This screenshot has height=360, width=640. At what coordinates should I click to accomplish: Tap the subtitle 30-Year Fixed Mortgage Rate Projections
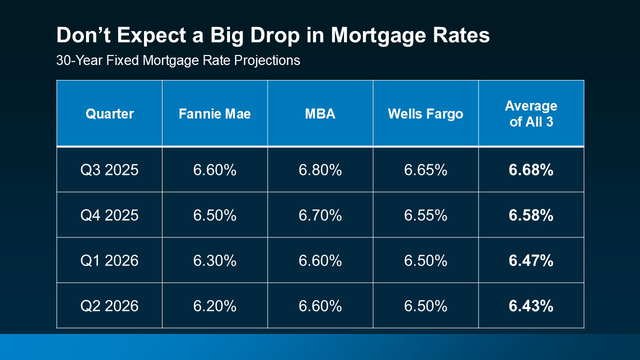178,60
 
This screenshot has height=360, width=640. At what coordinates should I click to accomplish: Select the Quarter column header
109,114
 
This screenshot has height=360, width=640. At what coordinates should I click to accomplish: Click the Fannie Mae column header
214,114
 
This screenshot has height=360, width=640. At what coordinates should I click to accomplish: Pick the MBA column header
320,114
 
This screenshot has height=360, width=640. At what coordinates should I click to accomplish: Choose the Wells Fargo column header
425,114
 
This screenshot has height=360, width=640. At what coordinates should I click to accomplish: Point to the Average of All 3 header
531,113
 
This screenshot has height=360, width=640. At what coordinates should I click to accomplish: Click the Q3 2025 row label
109,170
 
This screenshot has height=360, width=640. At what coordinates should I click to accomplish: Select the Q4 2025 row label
109,215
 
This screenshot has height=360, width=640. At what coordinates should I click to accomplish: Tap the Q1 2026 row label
109,260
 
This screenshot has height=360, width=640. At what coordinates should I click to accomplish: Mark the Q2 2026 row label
109,306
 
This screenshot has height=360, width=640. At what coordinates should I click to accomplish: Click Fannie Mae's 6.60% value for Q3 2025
214,170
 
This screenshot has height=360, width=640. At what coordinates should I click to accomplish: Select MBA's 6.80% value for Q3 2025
320,170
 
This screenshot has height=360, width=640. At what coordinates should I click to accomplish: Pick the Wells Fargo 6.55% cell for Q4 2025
425,215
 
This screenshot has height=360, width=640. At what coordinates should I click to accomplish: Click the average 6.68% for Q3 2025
531,170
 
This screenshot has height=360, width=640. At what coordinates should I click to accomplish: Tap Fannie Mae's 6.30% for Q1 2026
214,260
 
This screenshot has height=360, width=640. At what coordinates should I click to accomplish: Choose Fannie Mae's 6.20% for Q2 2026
214,306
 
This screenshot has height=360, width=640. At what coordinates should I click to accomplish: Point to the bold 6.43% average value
531,306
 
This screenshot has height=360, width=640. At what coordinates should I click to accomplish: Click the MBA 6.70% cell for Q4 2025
320,215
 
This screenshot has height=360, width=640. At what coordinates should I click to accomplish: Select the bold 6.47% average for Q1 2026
531,260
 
